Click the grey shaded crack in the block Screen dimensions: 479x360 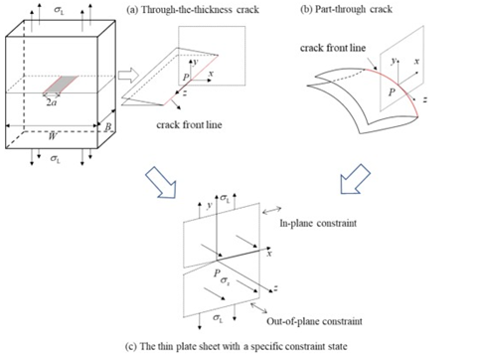pos(61,85)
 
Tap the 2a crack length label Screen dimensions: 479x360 pos(51,102)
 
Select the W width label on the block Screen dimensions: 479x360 pos(52,136)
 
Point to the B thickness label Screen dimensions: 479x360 pos(108,127)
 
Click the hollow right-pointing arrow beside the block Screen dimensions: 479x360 pos(128,75)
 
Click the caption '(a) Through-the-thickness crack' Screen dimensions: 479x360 pos(193,9)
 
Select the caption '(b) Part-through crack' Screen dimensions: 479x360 pos(346,9)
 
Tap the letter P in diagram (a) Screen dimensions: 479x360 pos(186,78)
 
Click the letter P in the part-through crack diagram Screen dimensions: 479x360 pos(392,91)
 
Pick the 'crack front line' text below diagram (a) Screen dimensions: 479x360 pos(189,124)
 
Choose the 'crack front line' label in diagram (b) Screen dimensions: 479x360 pos(333,48)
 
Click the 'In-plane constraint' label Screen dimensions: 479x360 pos(318,223)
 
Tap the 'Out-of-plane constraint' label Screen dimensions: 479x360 pos(314,321)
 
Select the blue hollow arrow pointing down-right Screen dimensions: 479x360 pos(161,182)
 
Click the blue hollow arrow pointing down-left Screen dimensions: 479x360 pos(355,179)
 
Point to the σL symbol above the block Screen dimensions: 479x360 pos(60,10)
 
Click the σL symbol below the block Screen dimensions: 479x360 pos(56,158)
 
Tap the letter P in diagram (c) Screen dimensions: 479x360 pos(217,272)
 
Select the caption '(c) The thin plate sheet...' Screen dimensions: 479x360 pos(237,346)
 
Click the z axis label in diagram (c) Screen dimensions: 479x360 pos(275,288)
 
